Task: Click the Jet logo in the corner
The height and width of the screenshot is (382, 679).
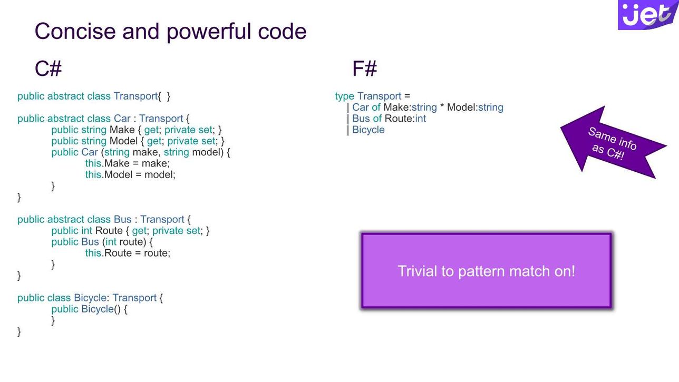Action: point(648,15)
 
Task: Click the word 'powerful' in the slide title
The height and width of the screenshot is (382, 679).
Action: point(209,32)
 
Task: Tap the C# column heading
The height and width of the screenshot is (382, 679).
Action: point(48,68)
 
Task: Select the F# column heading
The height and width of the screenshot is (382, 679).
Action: point(365,68)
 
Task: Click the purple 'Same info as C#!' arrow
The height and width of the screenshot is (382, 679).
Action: point(613,143)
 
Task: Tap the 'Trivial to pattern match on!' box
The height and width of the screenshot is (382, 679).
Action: point(486,270)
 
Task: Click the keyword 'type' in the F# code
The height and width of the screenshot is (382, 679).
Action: point(344,96)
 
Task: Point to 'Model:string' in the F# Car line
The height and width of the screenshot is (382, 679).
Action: point(475,107)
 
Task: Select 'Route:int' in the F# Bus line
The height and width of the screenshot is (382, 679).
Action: point(405,119)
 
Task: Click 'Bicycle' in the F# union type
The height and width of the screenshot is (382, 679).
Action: point(368,130)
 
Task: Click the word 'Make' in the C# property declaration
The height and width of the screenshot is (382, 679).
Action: point(122,130)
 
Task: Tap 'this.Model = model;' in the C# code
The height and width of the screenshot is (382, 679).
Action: point(130,174)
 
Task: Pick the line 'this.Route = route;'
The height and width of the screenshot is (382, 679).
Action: point(128,253)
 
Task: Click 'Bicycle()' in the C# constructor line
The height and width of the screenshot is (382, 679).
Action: point(101,309)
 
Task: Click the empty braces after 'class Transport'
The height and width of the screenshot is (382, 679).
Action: point(164,96)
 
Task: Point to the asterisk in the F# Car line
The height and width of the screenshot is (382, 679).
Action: point(442,106)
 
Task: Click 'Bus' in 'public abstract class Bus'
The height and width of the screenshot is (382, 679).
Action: point(122,219)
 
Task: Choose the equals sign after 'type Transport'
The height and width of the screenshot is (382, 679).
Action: point(407,96)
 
